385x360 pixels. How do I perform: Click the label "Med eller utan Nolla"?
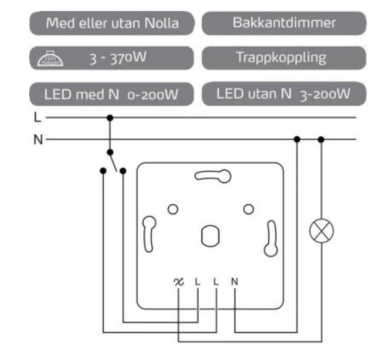coord(113,23)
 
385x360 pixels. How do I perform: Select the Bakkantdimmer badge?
coord(284,23)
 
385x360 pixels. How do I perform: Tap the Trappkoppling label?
coord(284,58)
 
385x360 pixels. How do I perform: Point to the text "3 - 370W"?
coord(118,58)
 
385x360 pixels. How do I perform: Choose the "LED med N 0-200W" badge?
coord(113,94)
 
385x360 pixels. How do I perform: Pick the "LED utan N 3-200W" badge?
coord(284,93)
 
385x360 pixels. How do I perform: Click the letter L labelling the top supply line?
coord(37,117)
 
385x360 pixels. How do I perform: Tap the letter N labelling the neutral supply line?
coord(38,140)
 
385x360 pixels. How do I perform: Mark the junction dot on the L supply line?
coord(110,117)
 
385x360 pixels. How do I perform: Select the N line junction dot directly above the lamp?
coord(321,140)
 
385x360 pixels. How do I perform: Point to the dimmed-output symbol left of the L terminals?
coord(179,281)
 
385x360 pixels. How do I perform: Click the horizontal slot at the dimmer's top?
coord(212,176)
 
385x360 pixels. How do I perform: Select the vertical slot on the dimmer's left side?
coord(148,235)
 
